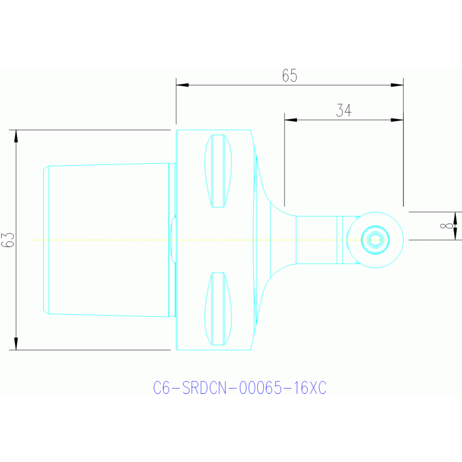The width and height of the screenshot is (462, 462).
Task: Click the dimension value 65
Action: pos(290,75)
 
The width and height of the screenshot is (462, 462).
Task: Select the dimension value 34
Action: pos(344,110)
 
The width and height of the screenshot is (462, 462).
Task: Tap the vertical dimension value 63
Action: pos(8,240)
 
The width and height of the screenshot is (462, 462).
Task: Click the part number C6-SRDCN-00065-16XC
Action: pos(240,388)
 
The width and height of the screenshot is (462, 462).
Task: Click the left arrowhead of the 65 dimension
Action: pos(183,85)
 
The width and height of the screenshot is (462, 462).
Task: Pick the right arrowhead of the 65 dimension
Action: pos(397,85)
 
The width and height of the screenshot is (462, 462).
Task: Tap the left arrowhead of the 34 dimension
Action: pos(290,120)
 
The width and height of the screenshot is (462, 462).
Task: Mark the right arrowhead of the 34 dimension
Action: pos(397,120)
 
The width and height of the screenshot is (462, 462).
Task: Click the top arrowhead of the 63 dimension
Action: pos(16,136)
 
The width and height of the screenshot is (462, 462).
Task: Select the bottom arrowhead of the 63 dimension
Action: pos(16,344)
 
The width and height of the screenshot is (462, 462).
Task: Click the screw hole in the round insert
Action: pos(375,240)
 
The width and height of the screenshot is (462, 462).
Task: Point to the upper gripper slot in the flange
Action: pos(218,171)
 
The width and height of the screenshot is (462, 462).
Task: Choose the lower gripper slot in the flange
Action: pos(218,309)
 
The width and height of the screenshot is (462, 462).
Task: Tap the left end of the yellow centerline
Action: pos(33,240)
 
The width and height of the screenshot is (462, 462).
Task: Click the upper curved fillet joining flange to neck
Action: pos(274,205)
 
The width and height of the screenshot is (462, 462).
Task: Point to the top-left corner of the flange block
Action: pos(176,130)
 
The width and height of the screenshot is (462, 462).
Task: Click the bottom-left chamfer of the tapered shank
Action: pos(46,312)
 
